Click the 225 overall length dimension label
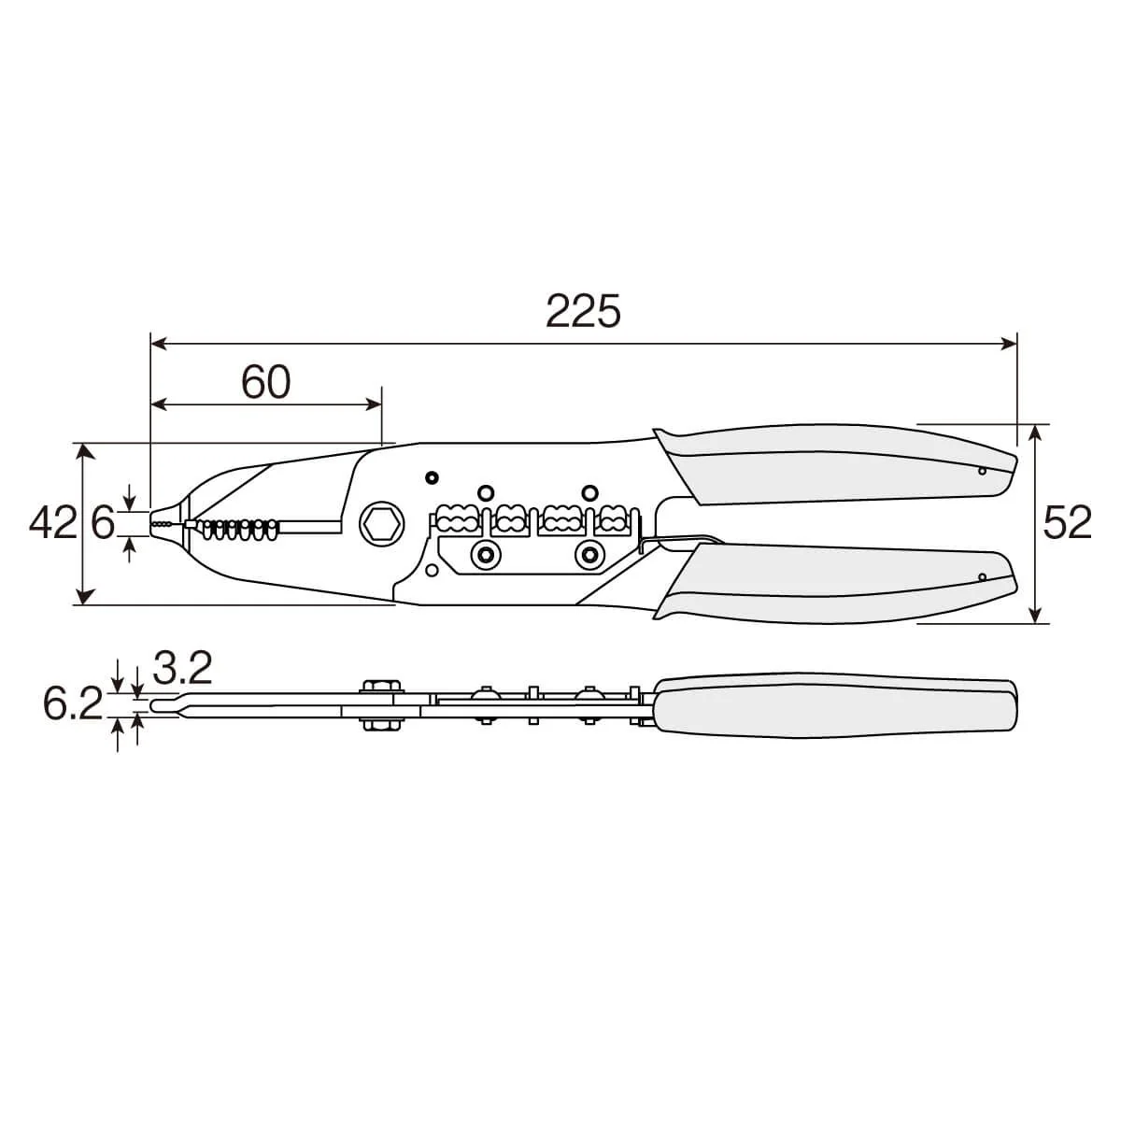(583, 311)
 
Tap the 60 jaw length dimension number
(266, 382)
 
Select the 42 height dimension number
(53, 522)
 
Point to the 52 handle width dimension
(1067, 522)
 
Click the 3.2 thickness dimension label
(183, 668)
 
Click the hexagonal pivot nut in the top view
(382, 523)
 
